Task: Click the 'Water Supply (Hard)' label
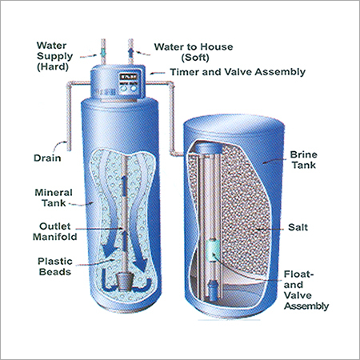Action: [54, 56]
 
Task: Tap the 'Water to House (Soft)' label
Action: [194, 52]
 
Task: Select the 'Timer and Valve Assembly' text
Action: [238, 72]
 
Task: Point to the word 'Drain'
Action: [47, 158]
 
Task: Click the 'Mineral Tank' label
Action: [54, 198]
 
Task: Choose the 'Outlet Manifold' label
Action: [55, 231]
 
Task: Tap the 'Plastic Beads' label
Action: [55, 266]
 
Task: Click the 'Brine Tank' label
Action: [304, 160]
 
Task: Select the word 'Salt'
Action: [298, 227]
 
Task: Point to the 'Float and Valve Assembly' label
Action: [306, 290]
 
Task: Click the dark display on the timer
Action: [129, 77]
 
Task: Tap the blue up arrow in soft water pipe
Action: [130, 53]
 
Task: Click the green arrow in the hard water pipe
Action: [103, 53]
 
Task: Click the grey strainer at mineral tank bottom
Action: [124, 282]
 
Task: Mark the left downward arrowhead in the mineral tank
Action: [109, 250]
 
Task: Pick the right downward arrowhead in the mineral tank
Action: [139, 264]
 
